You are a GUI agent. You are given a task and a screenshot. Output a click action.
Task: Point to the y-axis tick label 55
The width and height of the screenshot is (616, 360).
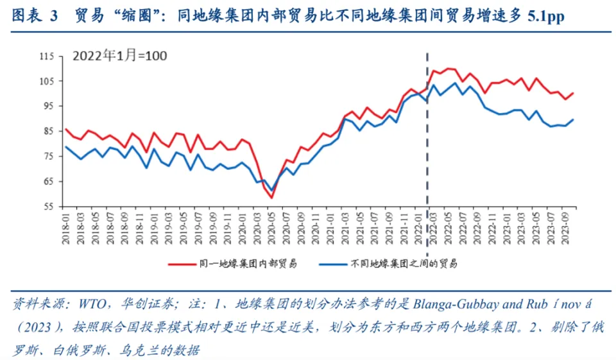pyautogui.click(x=47, y=207)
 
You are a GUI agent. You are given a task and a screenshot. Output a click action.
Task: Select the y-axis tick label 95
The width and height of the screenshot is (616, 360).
pyautogui.click(x=47, y=107)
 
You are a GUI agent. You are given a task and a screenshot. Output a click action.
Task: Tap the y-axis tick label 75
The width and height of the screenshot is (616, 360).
pyautogui.click(x=47, y=157)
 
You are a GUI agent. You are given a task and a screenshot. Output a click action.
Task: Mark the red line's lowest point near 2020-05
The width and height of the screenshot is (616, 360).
pyautogui.click(x=271, y=197)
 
